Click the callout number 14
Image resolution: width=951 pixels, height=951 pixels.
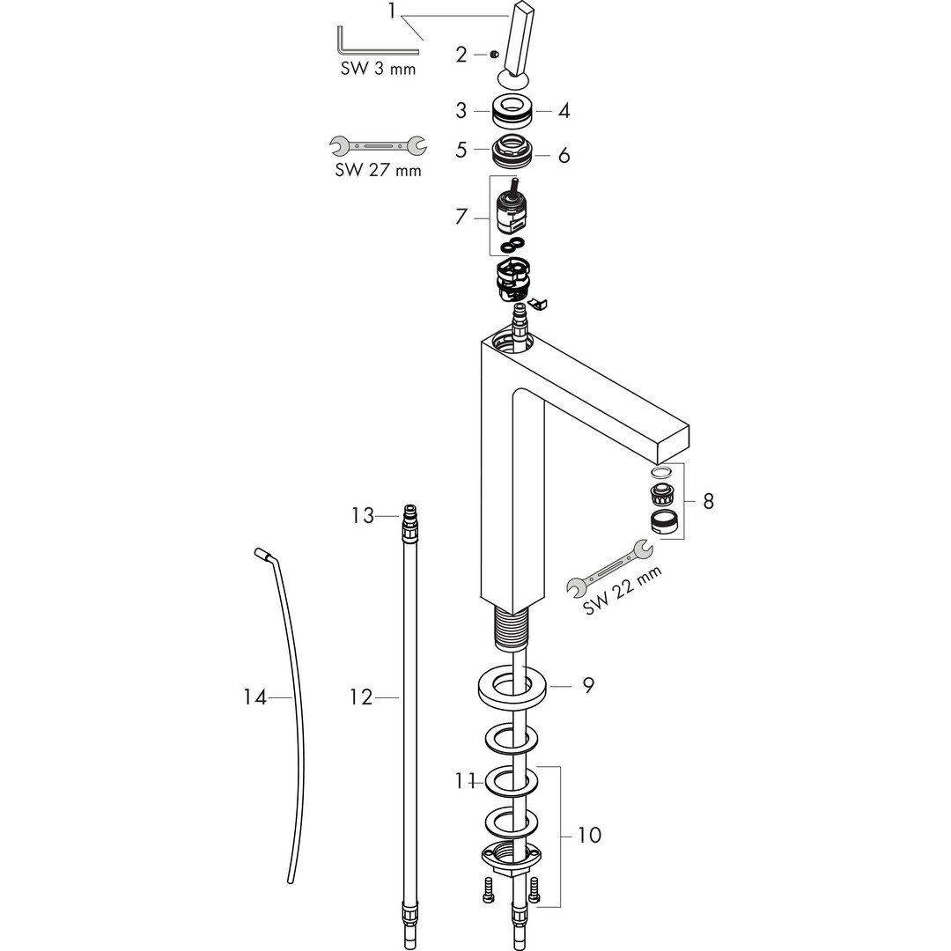(254, 697)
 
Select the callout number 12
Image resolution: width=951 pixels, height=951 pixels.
(361, 697)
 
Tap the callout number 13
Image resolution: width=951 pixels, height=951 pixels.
(363, 515)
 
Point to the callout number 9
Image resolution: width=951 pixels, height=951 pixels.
(589, 683)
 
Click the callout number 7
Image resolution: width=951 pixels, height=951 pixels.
(461, 217)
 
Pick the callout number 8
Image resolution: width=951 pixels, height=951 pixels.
(708, 501)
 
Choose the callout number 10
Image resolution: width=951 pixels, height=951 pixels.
(590, 835)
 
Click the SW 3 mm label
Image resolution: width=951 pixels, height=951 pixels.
(379, 69)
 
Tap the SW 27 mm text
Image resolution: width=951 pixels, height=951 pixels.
(378, 170)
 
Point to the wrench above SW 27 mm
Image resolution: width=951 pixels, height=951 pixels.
(377, 144)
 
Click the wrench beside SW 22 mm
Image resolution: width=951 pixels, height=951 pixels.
(609, 567)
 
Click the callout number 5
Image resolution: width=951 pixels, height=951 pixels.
(461, 151)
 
